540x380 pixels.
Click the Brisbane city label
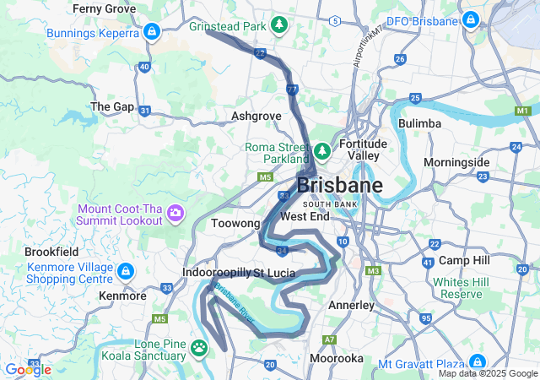(x=339, y=185)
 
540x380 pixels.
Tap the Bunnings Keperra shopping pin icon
(x=151, y=32)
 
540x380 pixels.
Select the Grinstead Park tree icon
(x=279, y=26)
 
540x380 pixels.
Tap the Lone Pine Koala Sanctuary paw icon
(x=199, y=346)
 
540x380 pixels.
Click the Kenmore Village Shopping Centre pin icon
(x=126, y=271)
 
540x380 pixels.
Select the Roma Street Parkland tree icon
(x=321, y=152)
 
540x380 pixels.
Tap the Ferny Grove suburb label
(x=104, y=8)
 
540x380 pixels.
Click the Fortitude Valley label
(x=363, y=149)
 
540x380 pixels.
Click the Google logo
(x=28, y=370)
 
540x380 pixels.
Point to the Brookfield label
(x=51, y=252)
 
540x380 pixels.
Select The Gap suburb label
(x=112, y=106)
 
